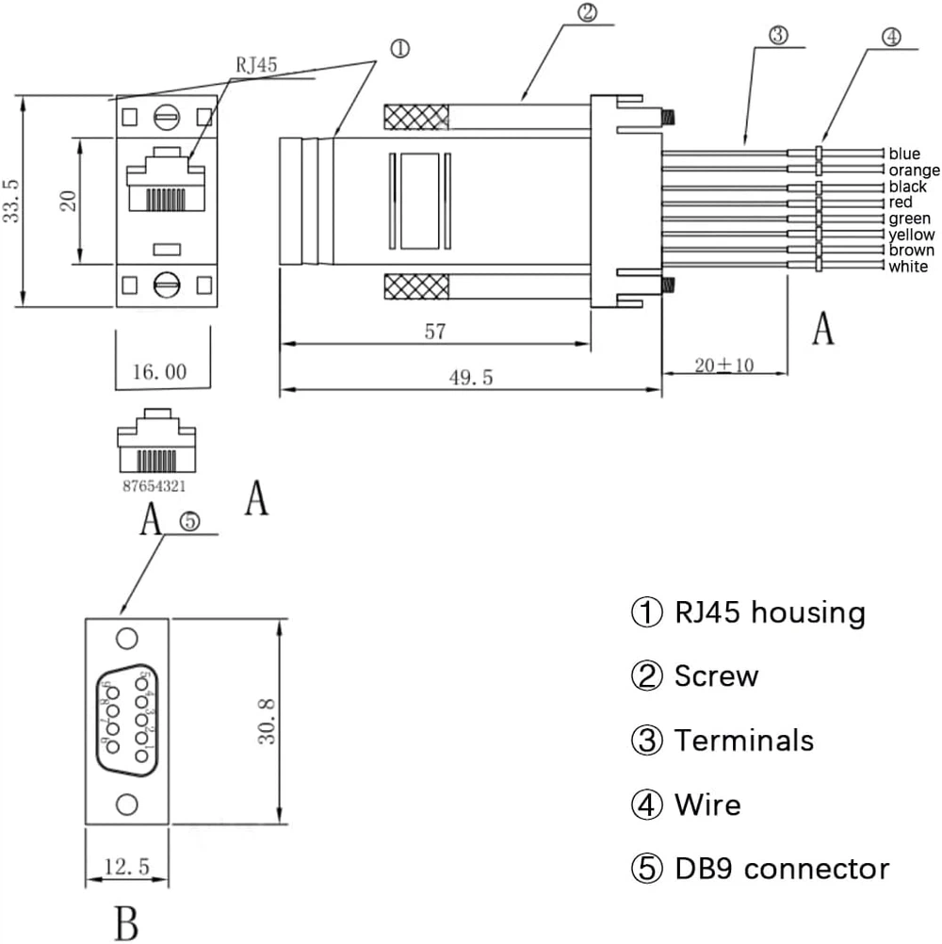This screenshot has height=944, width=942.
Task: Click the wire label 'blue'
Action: (904, 154)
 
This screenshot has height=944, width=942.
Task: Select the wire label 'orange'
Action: (914, 171)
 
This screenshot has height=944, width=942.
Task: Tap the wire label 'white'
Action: (908, 268)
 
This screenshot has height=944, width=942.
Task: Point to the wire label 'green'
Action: (909, 219)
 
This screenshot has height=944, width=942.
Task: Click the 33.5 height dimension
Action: (11, 200)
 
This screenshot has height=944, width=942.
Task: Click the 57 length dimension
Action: (434, 332)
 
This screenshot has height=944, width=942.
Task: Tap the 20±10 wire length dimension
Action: (724, 366)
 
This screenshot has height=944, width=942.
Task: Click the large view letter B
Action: (126, 921)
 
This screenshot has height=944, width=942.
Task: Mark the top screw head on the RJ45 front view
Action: (167, 117)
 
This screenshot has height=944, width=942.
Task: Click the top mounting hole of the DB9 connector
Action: (127, 638)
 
